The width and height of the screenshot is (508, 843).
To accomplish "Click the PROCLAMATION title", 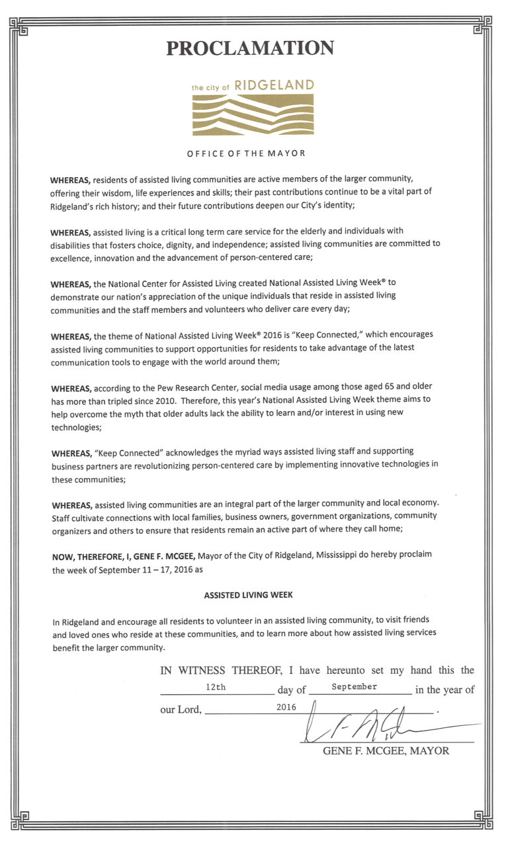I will (x=250, y=48).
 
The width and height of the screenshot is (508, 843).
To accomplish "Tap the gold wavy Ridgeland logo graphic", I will (x=253, y=114).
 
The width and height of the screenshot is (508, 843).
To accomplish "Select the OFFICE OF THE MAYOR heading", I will (x=246, y=153).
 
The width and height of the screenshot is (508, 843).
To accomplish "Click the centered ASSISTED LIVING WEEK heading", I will (x=248, y=595).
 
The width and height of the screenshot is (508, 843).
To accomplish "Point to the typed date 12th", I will (x=216, y=687).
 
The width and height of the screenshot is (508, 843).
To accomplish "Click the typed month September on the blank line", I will (x=355, y=687).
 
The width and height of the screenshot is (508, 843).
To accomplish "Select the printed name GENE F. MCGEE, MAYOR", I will (x=386, y=751).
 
